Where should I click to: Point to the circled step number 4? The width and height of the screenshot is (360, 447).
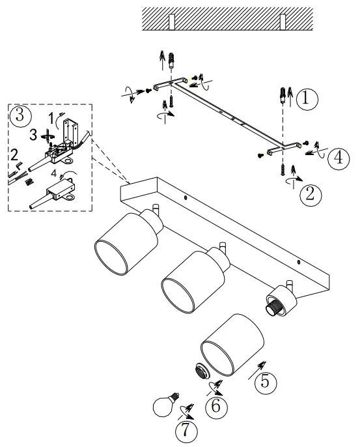[338, 159]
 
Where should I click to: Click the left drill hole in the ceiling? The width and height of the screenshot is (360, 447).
[173, 22]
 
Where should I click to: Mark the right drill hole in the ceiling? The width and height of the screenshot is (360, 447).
[283, 22]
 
